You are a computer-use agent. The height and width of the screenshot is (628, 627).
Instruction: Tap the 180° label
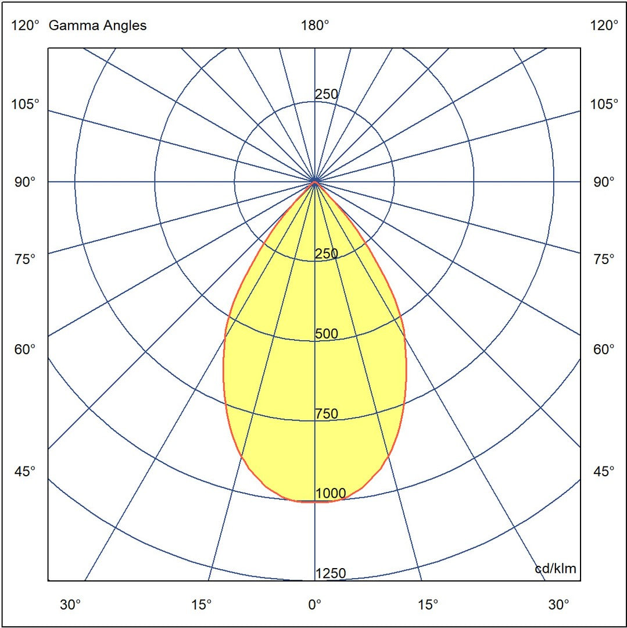(x=314, y=26)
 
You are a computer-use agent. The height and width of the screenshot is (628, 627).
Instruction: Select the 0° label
(x=314, y=605)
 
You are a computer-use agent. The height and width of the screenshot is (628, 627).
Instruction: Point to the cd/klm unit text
(x=555, y=568)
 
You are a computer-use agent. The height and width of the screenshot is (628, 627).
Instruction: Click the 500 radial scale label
(x=326, y=334)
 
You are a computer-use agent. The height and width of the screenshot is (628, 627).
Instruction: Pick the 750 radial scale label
(x=326, y=414)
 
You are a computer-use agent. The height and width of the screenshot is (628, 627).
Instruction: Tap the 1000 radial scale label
(x=330, y=494)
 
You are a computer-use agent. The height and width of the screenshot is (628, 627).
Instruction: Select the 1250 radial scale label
(x=330, y=574)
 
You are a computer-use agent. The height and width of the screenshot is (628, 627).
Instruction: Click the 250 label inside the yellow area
(x=326, y=254)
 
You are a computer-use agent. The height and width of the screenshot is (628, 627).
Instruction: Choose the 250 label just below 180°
(x=326, y=94)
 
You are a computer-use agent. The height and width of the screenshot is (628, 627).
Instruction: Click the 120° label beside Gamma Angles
(x=26, y=26)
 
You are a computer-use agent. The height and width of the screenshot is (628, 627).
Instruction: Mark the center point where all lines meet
(x=314, y=182)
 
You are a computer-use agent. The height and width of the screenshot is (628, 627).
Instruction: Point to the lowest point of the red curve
(x=314, y=501)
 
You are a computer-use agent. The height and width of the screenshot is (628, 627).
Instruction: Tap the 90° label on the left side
(x=26, y=182)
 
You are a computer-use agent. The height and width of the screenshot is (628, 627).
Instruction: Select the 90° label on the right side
(x=604, y=182)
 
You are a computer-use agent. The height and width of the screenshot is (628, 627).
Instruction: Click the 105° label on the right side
(x=604, y=104)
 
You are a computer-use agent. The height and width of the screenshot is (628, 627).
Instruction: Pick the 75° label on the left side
(x=26, y=259)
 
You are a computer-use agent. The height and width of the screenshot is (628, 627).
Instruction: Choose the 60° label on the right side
(x=604, y=349)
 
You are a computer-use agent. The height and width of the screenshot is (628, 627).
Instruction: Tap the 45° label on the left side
(x=26, y=471)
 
